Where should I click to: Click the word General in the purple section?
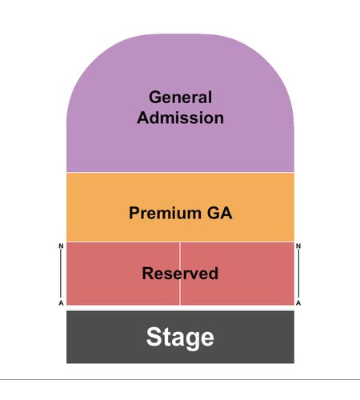(180, 97)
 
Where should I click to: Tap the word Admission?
(180, 118)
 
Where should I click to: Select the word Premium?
(165, 214)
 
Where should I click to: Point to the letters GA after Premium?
(219, 213)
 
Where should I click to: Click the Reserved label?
(180, 273)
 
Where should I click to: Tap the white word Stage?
(180, 338)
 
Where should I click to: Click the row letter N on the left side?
(61, 246)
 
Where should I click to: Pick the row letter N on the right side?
(298, 246)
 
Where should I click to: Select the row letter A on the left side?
(61, 303)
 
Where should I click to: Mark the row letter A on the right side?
(298, 303)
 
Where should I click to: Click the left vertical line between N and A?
(61, 274)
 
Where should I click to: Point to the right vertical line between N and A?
(298, 274)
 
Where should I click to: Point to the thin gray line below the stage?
(180, 379)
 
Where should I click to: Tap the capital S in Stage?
(154, 337)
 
